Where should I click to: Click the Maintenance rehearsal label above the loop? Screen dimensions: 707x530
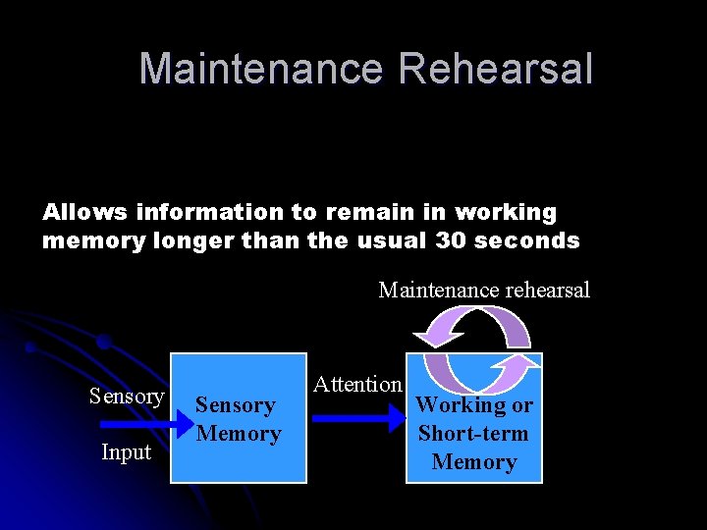[484, 290]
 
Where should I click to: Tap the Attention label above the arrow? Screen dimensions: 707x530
[357, 384]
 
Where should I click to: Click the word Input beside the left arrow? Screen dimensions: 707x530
[127, 451]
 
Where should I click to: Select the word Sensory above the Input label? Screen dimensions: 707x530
[127, 396]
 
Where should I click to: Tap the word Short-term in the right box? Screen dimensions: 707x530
[473, 433]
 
